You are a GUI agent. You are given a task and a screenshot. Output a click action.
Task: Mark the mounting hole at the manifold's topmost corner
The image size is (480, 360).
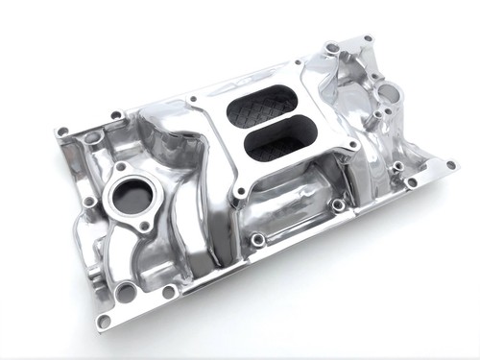(367, 40)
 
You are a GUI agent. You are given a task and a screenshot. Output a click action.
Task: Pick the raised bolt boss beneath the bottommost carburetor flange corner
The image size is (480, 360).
(256, 239)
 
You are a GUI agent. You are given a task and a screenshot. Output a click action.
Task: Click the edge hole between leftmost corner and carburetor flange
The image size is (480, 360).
(116, 116)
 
